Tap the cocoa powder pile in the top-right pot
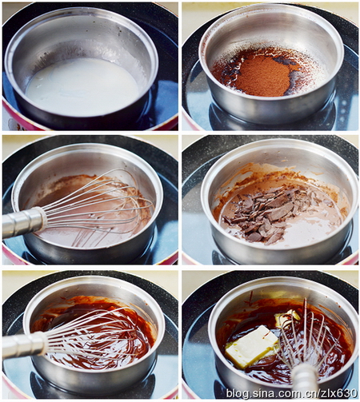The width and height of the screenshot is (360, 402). pyautogui.click(x=262, y=76)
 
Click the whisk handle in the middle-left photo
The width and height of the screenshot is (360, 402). pyautogui.click(x=24, y=221)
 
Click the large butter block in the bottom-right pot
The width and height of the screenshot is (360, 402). pyautogui.click(x=250, y=346)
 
